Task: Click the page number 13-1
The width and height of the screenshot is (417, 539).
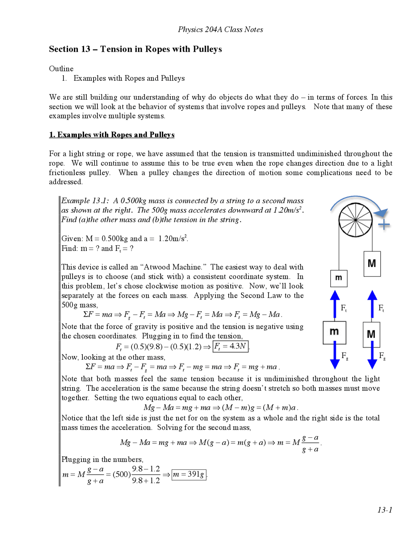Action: [384, 510]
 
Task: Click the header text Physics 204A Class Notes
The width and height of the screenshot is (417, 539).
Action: [220, 30]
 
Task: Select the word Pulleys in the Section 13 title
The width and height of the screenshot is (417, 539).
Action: [207, 49]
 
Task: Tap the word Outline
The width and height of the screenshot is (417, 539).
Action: [61, 69]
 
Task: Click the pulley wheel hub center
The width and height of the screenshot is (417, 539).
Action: [355, 220]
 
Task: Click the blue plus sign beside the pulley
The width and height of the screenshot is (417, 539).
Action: [384, 225]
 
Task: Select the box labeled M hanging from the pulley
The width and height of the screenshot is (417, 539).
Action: [372, 264]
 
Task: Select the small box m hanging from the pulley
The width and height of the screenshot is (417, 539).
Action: [339, 278]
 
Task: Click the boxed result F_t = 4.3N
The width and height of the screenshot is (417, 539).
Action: [230, 346]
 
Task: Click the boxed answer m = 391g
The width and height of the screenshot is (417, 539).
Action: [189, 474]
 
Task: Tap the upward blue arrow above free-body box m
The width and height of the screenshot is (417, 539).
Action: [335, 304]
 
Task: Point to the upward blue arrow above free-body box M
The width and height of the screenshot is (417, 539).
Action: [372, 304]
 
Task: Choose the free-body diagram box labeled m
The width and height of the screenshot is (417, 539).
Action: [334, 332]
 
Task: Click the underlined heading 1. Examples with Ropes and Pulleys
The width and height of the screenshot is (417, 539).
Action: [112, 135]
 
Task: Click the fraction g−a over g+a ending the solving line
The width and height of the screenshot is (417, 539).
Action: [310, 443]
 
